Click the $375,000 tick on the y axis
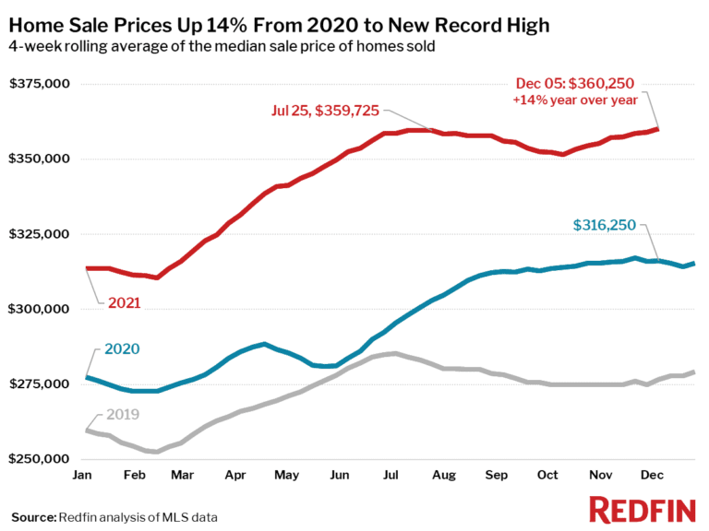click(x=41, y=85)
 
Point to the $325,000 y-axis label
click(x=41, y=234)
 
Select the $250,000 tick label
click(x=41, y=459)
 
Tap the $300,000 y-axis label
click(x=41, y=309)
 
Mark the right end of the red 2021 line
click(x=657, y=129)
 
